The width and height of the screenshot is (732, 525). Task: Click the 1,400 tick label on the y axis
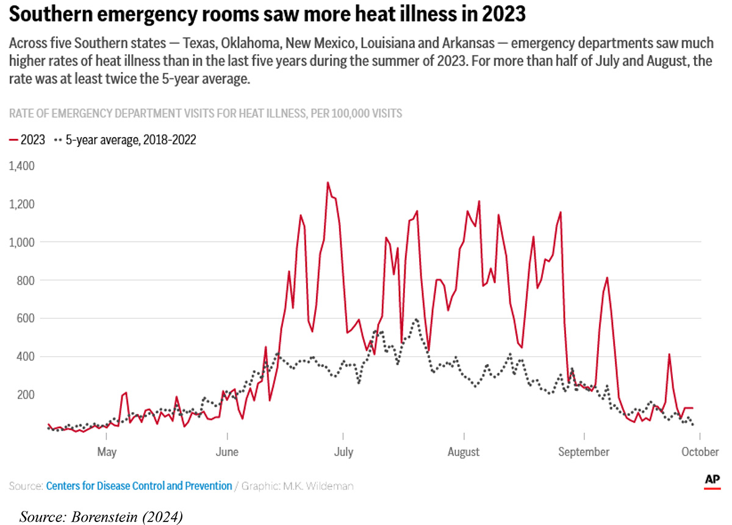(22, 166)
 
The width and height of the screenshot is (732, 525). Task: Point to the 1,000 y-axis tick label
(22, 242)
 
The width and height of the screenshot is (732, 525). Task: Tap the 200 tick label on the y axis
(25, 395)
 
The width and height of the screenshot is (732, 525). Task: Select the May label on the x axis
(107, 452)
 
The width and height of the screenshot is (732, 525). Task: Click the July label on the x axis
(343, 452)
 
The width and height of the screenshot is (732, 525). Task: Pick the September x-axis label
(584, 452)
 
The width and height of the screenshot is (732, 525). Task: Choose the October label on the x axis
(700, 452)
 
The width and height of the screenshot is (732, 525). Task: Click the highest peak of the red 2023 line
(328, 182)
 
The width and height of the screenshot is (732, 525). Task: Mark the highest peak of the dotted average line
(415, 319)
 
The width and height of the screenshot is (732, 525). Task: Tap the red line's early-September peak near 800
(608, 278)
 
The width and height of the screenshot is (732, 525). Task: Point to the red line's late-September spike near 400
(669, 354)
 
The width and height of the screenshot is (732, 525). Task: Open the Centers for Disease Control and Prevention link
(139, 486)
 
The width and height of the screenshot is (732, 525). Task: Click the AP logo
(712, 480)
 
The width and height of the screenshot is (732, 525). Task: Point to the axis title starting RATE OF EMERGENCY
(205, 113)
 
